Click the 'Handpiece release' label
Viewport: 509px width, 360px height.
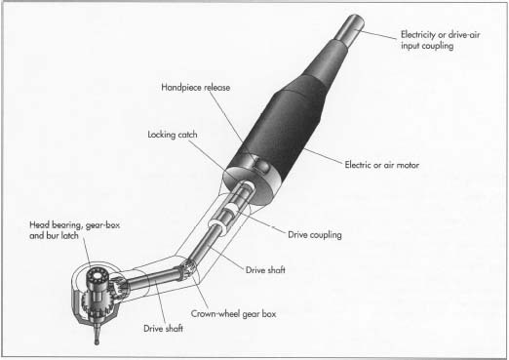click(x=196, y=88)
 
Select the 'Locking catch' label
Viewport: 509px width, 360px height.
click(x=173, y=135)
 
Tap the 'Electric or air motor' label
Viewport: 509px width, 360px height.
click(x=382, y=165)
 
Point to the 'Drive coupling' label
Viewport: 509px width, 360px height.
click(x=315, y=235)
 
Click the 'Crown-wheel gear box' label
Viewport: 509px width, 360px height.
click(x=233, y=314)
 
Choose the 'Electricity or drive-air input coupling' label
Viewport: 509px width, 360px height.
click(x=440, y=40)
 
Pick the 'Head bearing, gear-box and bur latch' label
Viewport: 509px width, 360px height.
click(x=74, y=230)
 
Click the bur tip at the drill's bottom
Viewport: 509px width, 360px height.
click(x=97, y=341)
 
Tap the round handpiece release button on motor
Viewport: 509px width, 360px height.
click(x=262, y=166)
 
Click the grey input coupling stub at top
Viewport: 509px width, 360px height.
click(x=350, y=30)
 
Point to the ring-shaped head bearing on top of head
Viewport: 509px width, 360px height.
click(x=97, y=275)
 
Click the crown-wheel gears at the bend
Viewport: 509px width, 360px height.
click(x=187, y=269)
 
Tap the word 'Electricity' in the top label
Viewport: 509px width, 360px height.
click(x=418, y=35)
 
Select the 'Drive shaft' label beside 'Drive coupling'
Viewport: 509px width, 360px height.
click(x=265, y=270)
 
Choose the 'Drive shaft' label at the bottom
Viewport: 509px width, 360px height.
click(x=163, y=329)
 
